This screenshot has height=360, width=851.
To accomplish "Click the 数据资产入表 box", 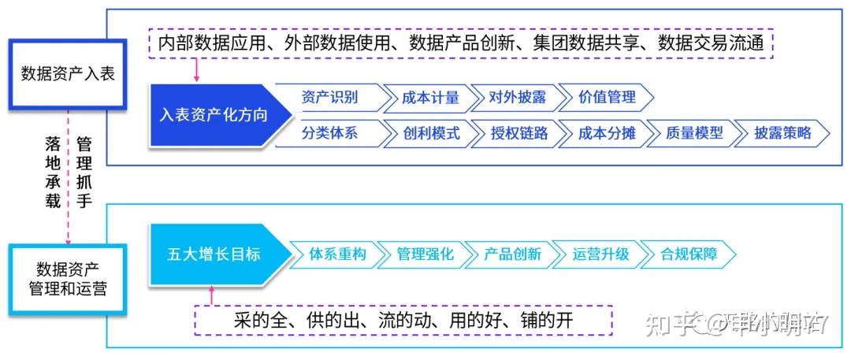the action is point(68,74).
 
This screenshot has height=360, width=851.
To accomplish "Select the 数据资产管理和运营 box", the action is point(68,279).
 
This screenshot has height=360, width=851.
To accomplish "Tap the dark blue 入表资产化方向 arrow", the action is point(213,115).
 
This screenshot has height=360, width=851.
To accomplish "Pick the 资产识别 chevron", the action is point(330,98).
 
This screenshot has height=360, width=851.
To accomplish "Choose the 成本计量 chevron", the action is point(430,98).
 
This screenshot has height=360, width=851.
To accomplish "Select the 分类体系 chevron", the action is point(330,132).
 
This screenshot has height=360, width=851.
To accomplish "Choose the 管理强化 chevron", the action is point(425,254).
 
